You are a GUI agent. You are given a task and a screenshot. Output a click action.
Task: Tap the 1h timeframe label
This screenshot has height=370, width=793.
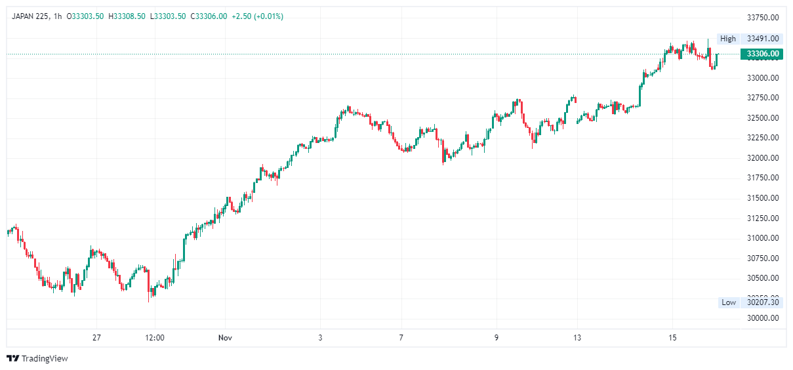(x=57, y=16)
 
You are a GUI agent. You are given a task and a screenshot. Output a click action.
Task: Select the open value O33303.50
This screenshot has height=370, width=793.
(x=85, y=16)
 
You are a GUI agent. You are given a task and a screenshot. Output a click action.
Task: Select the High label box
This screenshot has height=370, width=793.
(x=727, y=39)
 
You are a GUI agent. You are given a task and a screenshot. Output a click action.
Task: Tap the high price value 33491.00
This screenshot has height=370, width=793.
(x=763, y=39)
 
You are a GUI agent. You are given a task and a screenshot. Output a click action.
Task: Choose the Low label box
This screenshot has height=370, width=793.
(x=728, y=302)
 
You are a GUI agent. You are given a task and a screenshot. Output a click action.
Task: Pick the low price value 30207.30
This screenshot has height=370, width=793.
(x=763, y=302)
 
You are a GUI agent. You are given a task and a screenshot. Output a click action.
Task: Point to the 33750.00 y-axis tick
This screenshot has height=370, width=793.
(x=763, y=18)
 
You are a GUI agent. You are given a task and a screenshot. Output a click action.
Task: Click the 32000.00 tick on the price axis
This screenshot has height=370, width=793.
(x=763, y=158)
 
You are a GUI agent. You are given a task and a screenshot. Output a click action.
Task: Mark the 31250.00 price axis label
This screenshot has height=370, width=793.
(x=763, y=218)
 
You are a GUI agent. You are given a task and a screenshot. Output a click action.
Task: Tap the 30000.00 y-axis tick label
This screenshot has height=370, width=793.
(x=763, y=318)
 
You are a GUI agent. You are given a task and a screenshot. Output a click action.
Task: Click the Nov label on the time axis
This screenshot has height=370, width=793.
(x=226, y=338)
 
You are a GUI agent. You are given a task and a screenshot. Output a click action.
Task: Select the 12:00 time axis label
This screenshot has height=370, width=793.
(x=154, y=338)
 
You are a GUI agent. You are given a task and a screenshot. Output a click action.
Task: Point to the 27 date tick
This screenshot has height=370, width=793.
(x=96, y=338)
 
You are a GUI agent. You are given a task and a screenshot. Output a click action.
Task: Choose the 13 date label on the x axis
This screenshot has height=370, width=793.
(x=577, y=338)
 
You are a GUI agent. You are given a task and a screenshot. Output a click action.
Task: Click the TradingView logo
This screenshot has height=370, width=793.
(x=37, y=358)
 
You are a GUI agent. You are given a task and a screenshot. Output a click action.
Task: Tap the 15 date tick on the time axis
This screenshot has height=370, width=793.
(x=672, y=338)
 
